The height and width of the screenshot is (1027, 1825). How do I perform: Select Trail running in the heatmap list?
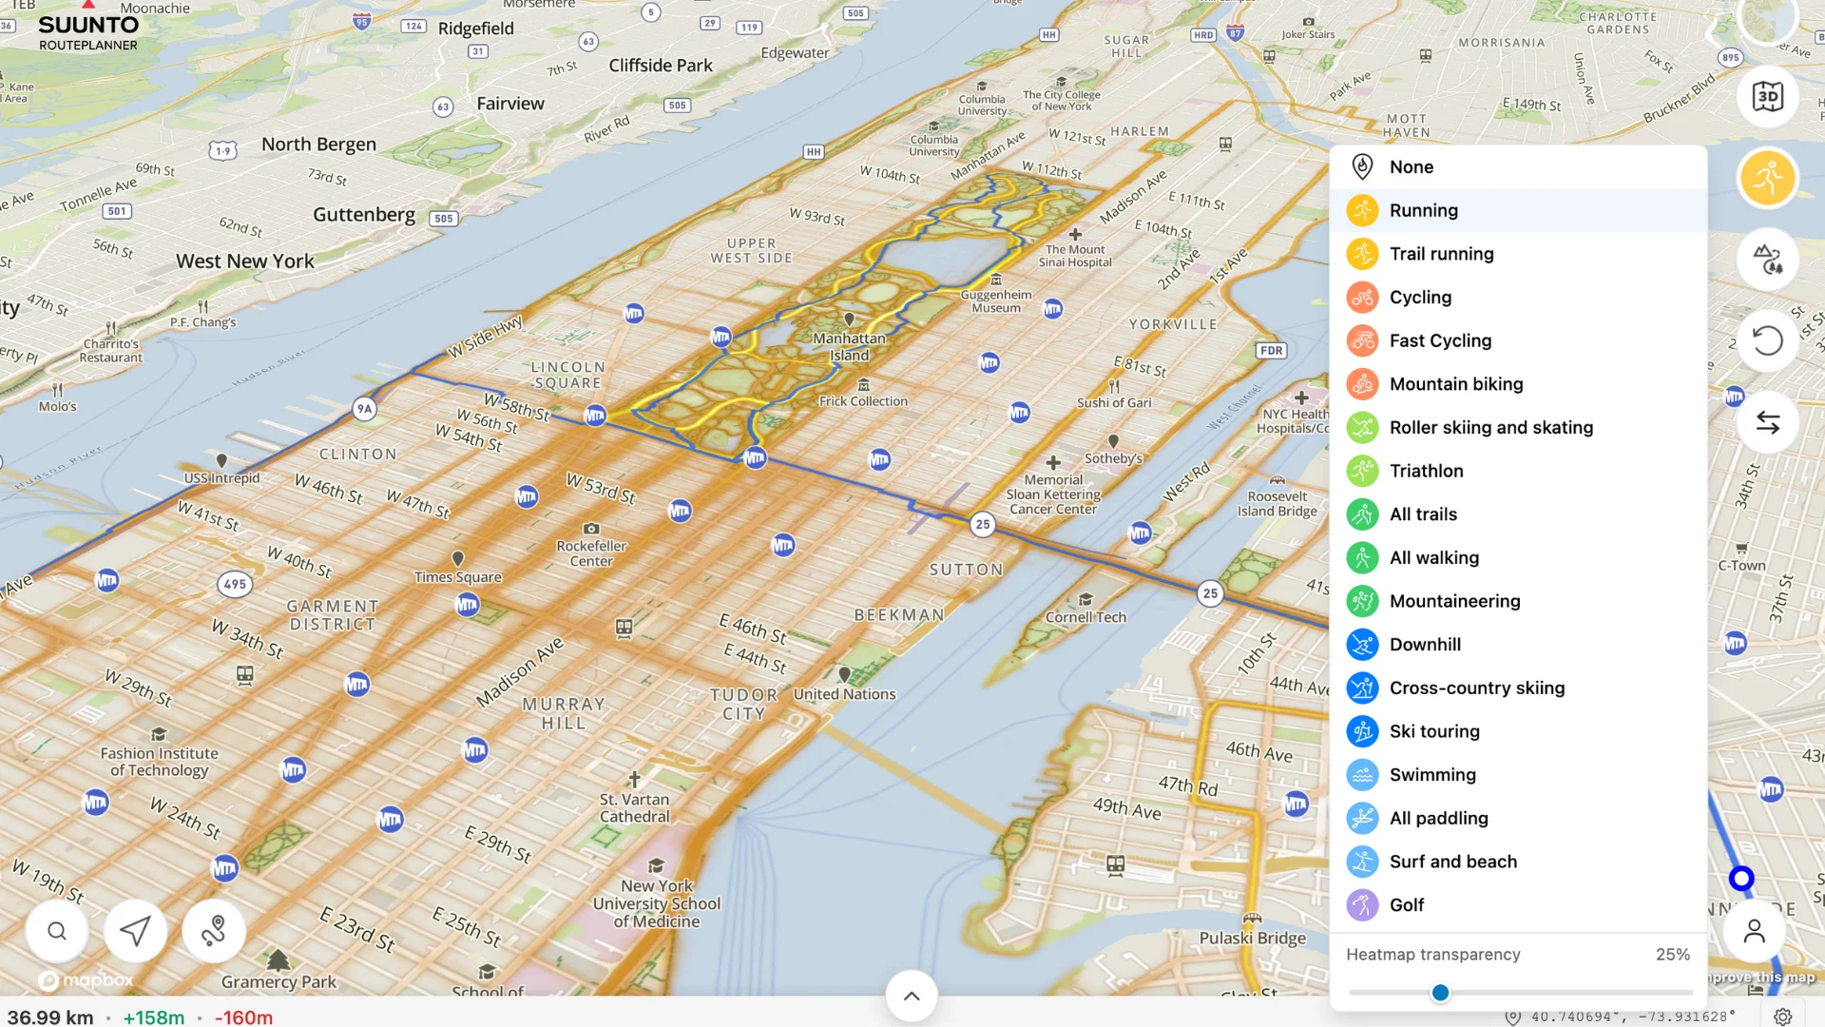[1441, 254]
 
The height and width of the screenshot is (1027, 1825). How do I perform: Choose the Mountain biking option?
[1455, 384]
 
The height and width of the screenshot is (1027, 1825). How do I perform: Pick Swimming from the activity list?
[1431, 775]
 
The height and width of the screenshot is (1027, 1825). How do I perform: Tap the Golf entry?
[1406, 905]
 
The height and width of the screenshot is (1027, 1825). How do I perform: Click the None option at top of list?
[1411, 167]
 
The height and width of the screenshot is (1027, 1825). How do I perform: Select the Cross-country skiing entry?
[1476, 688]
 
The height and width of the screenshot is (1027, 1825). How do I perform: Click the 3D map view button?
[1767, 97]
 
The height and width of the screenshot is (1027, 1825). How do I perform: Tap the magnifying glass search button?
[57, 931]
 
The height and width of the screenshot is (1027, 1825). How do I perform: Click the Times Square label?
[457, 577]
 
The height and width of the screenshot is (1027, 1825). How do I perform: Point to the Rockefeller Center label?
[591, 553]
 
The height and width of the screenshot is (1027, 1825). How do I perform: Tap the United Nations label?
[844, 694]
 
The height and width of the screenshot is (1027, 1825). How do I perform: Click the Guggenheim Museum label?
[995, 301]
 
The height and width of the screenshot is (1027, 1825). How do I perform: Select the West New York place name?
[244, 262]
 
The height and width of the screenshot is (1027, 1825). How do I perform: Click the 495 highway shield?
[235, 584]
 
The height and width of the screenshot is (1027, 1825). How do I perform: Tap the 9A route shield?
[364, 409]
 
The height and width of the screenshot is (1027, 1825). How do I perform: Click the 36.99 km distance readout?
[50, 1017]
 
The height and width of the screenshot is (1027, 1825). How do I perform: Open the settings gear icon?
[1782, 1017]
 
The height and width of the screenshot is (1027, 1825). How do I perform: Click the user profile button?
[1754, 931]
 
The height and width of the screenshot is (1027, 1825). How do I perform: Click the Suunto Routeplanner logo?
[87, 31]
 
